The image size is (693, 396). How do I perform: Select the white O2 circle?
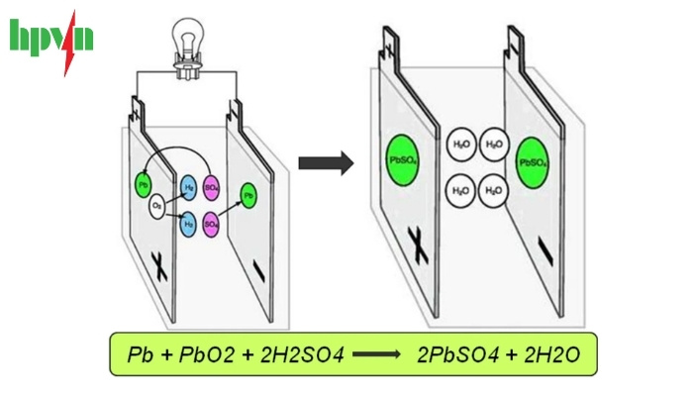(157, 207)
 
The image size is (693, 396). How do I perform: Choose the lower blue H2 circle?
(188, 225)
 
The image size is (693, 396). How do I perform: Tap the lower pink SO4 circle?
(211, 225)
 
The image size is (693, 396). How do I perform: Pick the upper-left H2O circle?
(462, 145)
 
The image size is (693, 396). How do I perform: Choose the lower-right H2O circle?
(492, 189)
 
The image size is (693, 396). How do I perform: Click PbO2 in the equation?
(210, 353)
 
